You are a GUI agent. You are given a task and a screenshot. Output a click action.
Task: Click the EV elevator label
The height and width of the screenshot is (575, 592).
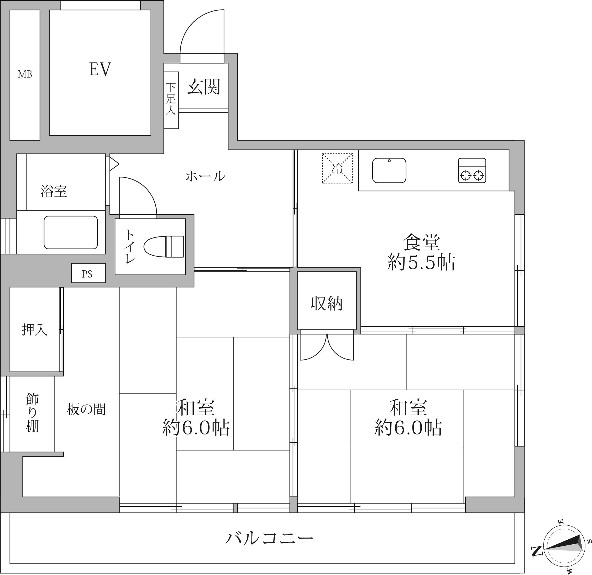point(100,69)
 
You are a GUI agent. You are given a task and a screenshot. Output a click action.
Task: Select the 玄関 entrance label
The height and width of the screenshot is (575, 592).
point(204,87)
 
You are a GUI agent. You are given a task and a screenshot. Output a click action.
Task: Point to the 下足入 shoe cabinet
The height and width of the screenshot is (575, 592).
point(171,100)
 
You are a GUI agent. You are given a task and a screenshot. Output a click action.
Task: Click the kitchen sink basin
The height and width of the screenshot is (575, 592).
point(389,170)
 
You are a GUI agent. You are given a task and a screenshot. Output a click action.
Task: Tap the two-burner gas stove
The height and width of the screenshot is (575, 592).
point(472,170)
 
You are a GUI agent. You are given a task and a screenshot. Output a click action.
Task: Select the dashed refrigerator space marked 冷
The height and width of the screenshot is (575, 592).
point(337,168)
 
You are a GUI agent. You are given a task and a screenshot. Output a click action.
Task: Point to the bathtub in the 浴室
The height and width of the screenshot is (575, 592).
point(71,233)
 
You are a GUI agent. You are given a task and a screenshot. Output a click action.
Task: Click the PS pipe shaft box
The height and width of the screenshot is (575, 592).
point(88,273)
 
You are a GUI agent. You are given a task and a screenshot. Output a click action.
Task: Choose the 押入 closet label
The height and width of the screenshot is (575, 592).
point(34,329)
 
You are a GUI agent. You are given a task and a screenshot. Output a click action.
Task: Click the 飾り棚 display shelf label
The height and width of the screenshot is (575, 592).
point(32,412)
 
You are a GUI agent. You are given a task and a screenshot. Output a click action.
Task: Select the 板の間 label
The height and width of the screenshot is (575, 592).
point(86,409)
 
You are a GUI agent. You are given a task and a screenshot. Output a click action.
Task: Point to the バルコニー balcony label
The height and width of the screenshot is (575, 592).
point(269,538)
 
